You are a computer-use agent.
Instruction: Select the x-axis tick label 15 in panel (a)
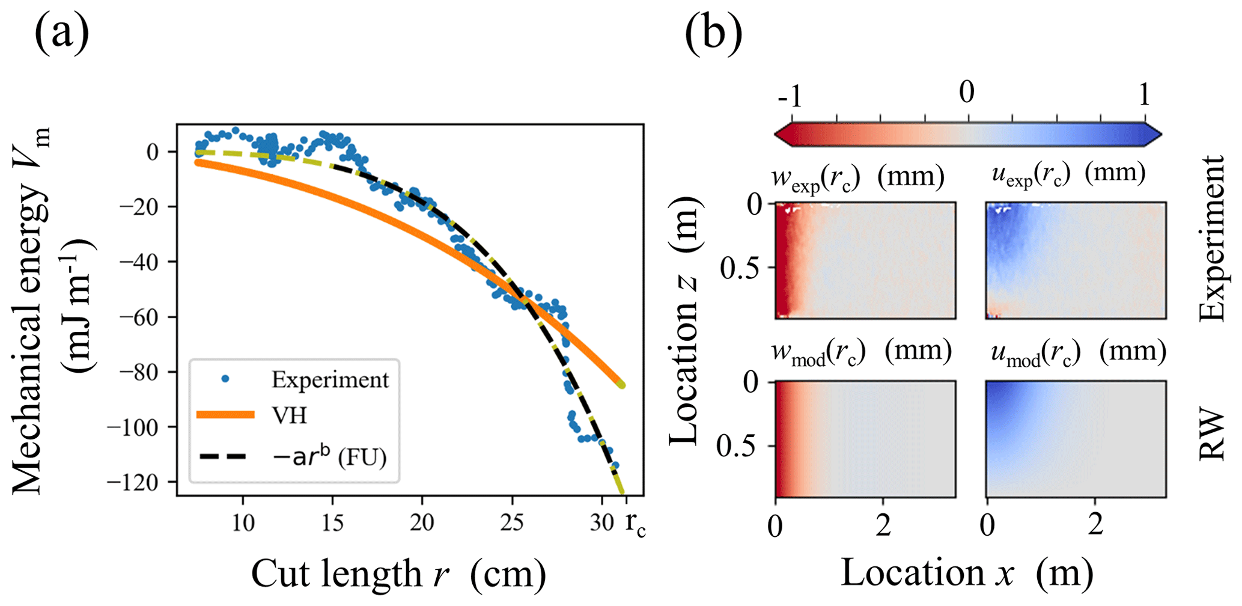click(332, 522)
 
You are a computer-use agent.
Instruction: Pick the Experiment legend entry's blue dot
click(225, 379)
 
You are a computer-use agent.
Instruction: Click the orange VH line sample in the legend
click(225, 415)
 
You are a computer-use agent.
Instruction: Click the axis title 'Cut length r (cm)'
click(398, 574)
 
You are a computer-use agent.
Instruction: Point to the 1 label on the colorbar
click(1143, 94)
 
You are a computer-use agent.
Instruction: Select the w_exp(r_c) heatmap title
click(858, 177)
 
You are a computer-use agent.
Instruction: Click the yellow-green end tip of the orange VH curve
click(622, 384)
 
